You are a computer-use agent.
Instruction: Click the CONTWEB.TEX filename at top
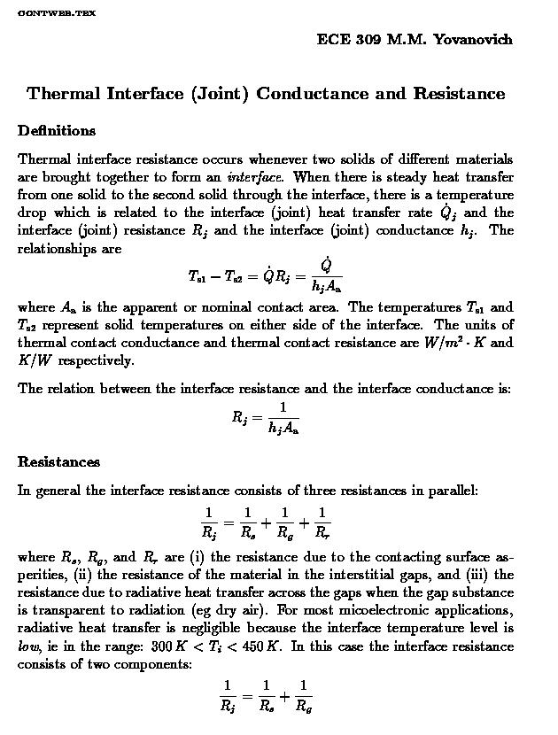(57, 13)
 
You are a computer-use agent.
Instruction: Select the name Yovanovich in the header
(473, 40)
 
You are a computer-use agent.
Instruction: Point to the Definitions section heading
(57, 131)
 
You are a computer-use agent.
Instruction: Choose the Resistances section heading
(58, 462)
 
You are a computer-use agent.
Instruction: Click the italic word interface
(255, 176)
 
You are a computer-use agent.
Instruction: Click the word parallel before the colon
(453, 491)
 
